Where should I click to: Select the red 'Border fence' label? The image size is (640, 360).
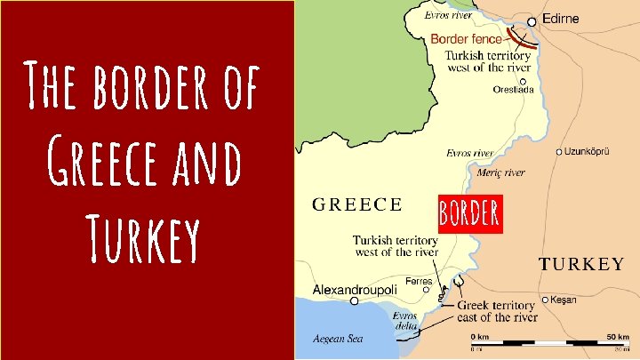click(467, 38)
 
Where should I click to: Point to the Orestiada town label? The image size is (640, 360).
click(516, 89)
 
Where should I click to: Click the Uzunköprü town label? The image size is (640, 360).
click(588, 152)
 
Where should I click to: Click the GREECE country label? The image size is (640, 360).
click(356, 204)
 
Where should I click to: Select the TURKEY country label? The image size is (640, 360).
click(582, 264)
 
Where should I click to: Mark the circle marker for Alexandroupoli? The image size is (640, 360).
click(355, 301)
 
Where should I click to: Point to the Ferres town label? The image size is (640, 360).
click(419, 281)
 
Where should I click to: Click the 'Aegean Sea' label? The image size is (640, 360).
click(339, 338)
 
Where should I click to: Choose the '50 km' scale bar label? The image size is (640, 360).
click(618, 335)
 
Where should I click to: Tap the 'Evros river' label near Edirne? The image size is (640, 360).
click(448, 15)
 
